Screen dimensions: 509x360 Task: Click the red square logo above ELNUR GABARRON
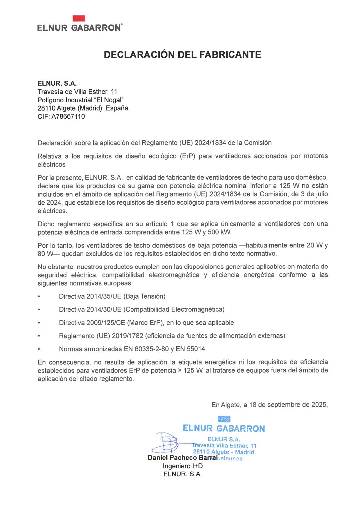click(x=79, y=18)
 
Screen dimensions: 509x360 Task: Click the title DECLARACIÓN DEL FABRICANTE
click(x=182, y=55)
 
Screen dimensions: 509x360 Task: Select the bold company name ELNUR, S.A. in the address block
click(x=57, y=84)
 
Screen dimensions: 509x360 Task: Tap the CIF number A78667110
click(x=68, y=117)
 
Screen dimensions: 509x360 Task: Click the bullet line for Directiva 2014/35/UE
click(x=112, y=296)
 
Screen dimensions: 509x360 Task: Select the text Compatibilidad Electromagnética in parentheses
click(x=174, y=309)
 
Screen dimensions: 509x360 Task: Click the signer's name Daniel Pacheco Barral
click(x=182, y=458)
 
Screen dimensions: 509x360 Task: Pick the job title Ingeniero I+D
click(x=183, y=466)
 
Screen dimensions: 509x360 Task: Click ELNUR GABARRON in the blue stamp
click(x=224, y=428)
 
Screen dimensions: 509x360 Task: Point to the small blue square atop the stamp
click(x=224, y=419)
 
